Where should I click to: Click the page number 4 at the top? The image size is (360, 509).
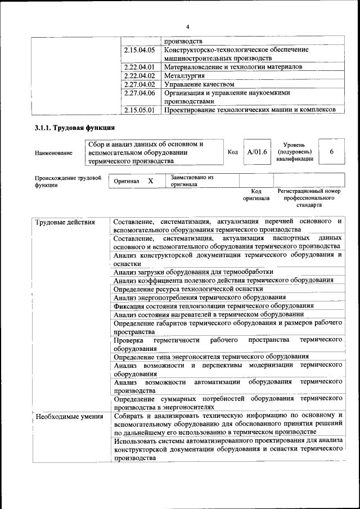pyautogui.click(x=187, y=26)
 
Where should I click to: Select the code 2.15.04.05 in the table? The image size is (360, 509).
pyautogui.click(x=139, y=50)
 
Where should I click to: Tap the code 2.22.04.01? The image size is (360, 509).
pyautogui.click(x=139, y=67)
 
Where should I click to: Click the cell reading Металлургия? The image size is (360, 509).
pyautogui.click(x=184, y=75)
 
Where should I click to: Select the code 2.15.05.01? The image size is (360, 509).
pyautogui.click(x=139, y=110)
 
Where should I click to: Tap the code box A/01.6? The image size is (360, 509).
pyautogui.click(x=257, y=152)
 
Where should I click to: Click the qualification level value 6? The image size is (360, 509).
pyautogui.click(x=331, y=152)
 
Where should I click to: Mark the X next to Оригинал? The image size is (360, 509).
pyautogui.click(x=150, y=181)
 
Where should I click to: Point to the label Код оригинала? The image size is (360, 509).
pyautogui.click(x=256, y=195)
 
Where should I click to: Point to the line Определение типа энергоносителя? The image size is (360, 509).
pyautogui.click(x=210, y=356)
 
